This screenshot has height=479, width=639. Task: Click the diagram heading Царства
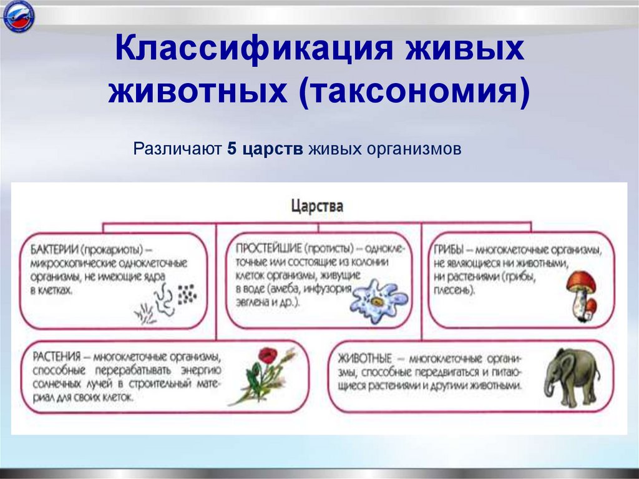coord(317,205)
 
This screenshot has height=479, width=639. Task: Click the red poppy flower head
coord(268,355)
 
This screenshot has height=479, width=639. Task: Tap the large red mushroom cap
coord(580,281)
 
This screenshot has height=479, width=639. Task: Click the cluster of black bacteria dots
coord(187,292)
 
